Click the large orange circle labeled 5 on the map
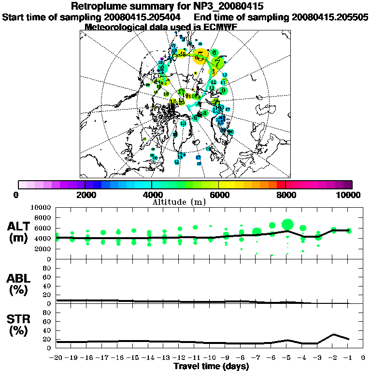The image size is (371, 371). click(x=200, y=57)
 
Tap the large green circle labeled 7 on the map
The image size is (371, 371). click(x=218, y=62)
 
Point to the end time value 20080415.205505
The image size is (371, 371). click(x=330, y=17)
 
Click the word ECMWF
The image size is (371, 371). click(x=220, y=27)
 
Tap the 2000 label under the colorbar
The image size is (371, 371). click(x=85, y=195)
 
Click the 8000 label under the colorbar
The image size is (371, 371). click(x=285, y=195)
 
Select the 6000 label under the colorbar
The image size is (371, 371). click(x=219, y=195)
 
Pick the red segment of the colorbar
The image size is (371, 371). click(x=281, y=185)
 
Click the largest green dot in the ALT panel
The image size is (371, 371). click(x=287, y=224)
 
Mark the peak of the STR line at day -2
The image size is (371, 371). click(x=333, y=334)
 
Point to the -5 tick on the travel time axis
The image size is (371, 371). click(x=287, y=358)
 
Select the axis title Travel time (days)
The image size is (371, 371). click(x=211, y=366)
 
